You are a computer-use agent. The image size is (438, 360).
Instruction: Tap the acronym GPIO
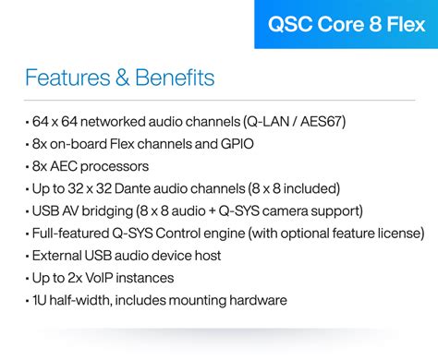237,144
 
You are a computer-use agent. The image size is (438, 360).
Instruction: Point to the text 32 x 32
91,188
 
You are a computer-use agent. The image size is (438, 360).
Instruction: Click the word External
57,255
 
